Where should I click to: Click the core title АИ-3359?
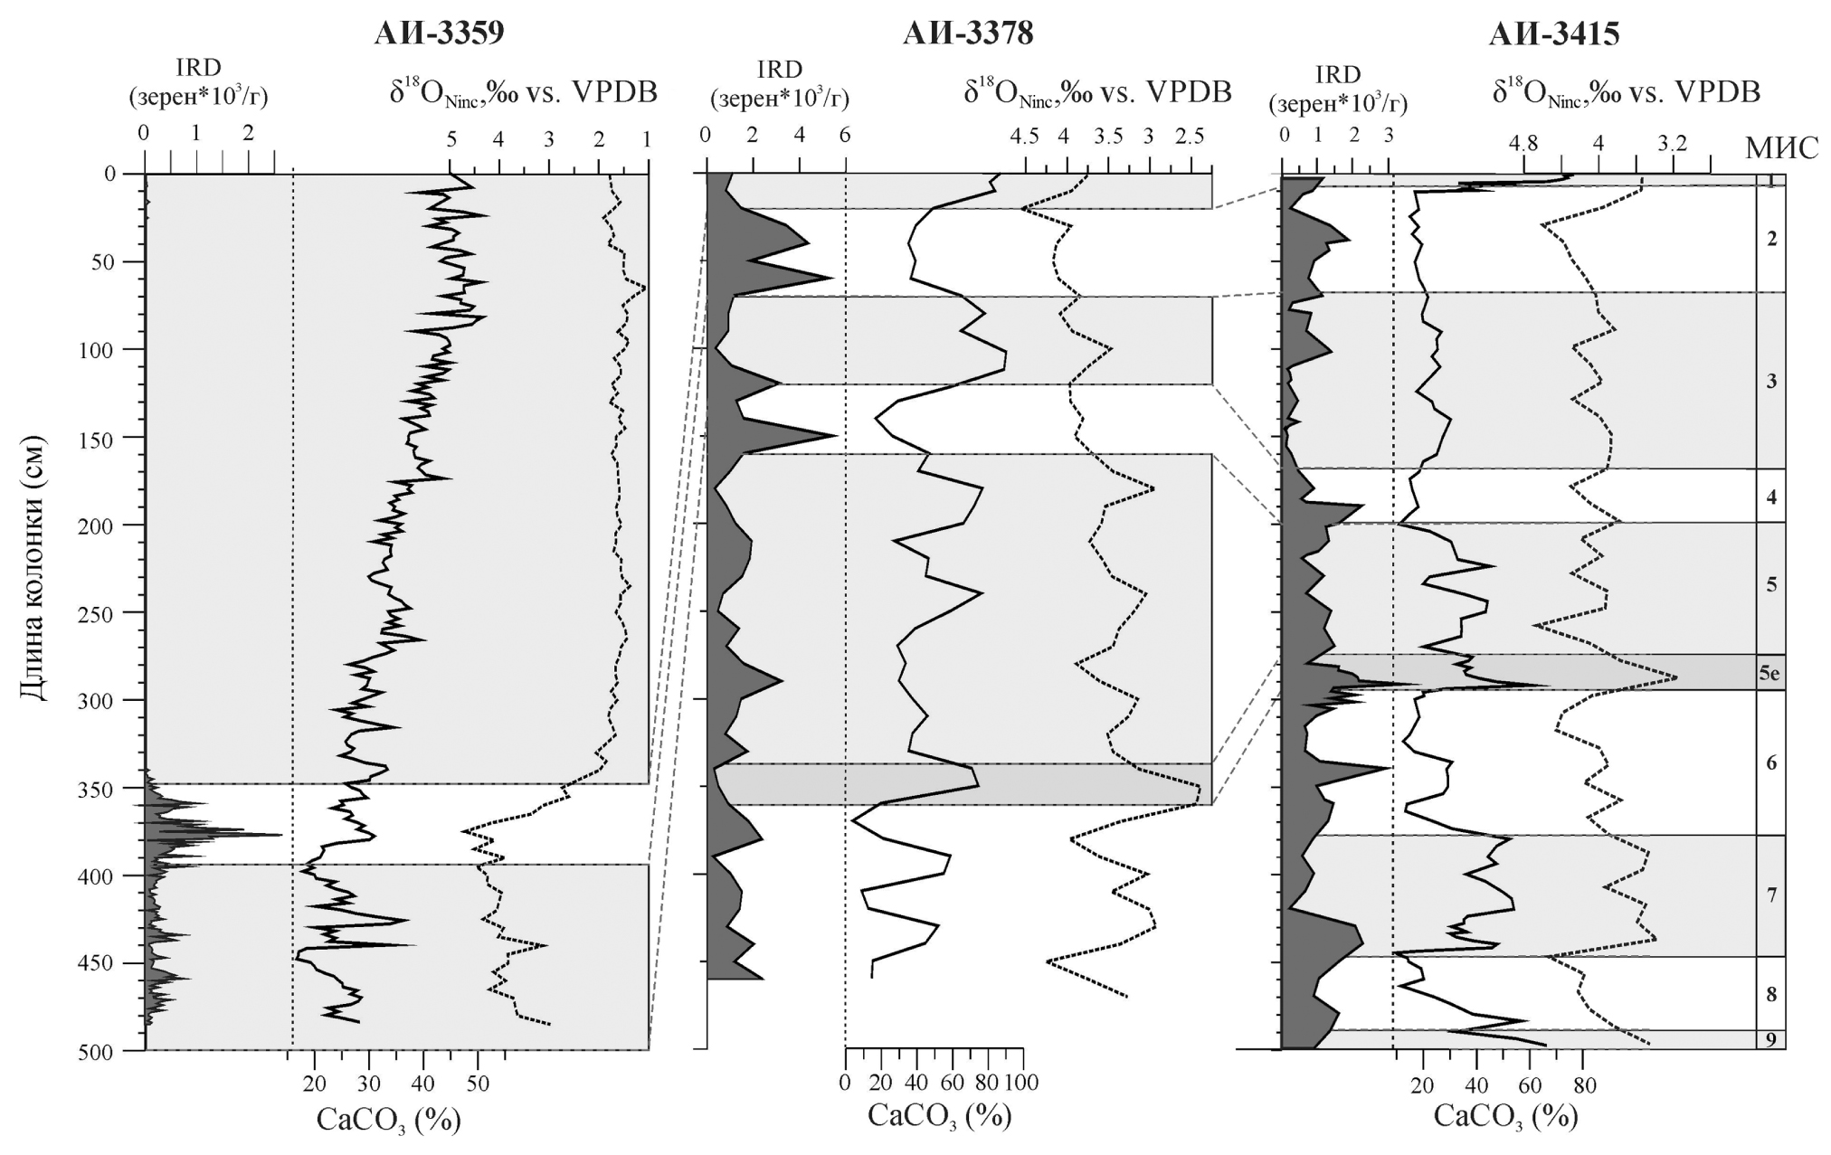439,33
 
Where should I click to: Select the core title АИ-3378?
967,33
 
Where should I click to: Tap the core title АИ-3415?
1553,33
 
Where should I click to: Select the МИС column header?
1783,147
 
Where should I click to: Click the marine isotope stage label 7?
1770,895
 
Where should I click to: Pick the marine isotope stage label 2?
1770,239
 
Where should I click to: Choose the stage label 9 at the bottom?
1770,1040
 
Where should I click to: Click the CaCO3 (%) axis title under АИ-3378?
939,1116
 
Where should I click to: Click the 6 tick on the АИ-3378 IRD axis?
845,135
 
